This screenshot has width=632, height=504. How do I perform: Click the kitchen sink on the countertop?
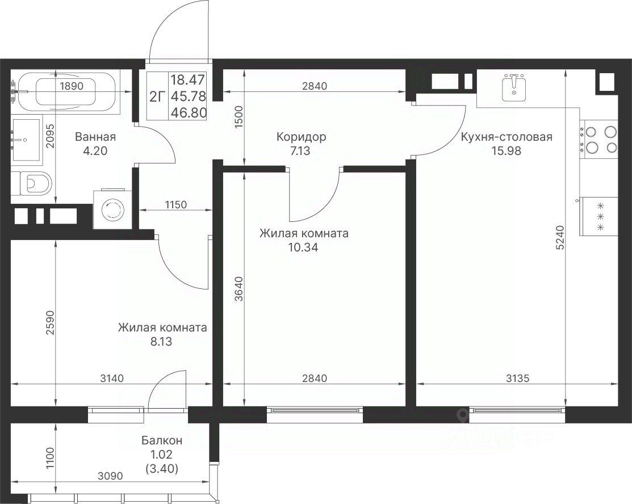[x=514, y=88]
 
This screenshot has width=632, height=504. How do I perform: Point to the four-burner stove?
[x=599, y=140]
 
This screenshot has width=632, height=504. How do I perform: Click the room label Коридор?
[x=301, y=137]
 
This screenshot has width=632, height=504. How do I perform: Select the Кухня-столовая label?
[x=507, y=137]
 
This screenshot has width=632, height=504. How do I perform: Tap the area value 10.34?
[x=303, y=247]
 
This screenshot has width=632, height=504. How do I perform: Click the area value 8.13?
[x=161, y=342]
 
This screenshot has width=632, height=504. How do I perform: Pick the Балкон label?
[x=162, y=440]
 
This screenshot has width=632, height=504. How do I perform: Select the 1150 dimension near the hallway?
[x=176, y=205]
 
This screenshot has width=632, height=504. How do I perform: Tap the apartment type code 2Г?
[x=158, y=96]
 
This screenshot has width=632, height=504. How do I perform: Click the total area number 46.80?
[x=189, y=112]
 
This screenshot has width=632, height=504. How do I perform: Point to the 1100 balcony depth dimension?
[x=49, y=458]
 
